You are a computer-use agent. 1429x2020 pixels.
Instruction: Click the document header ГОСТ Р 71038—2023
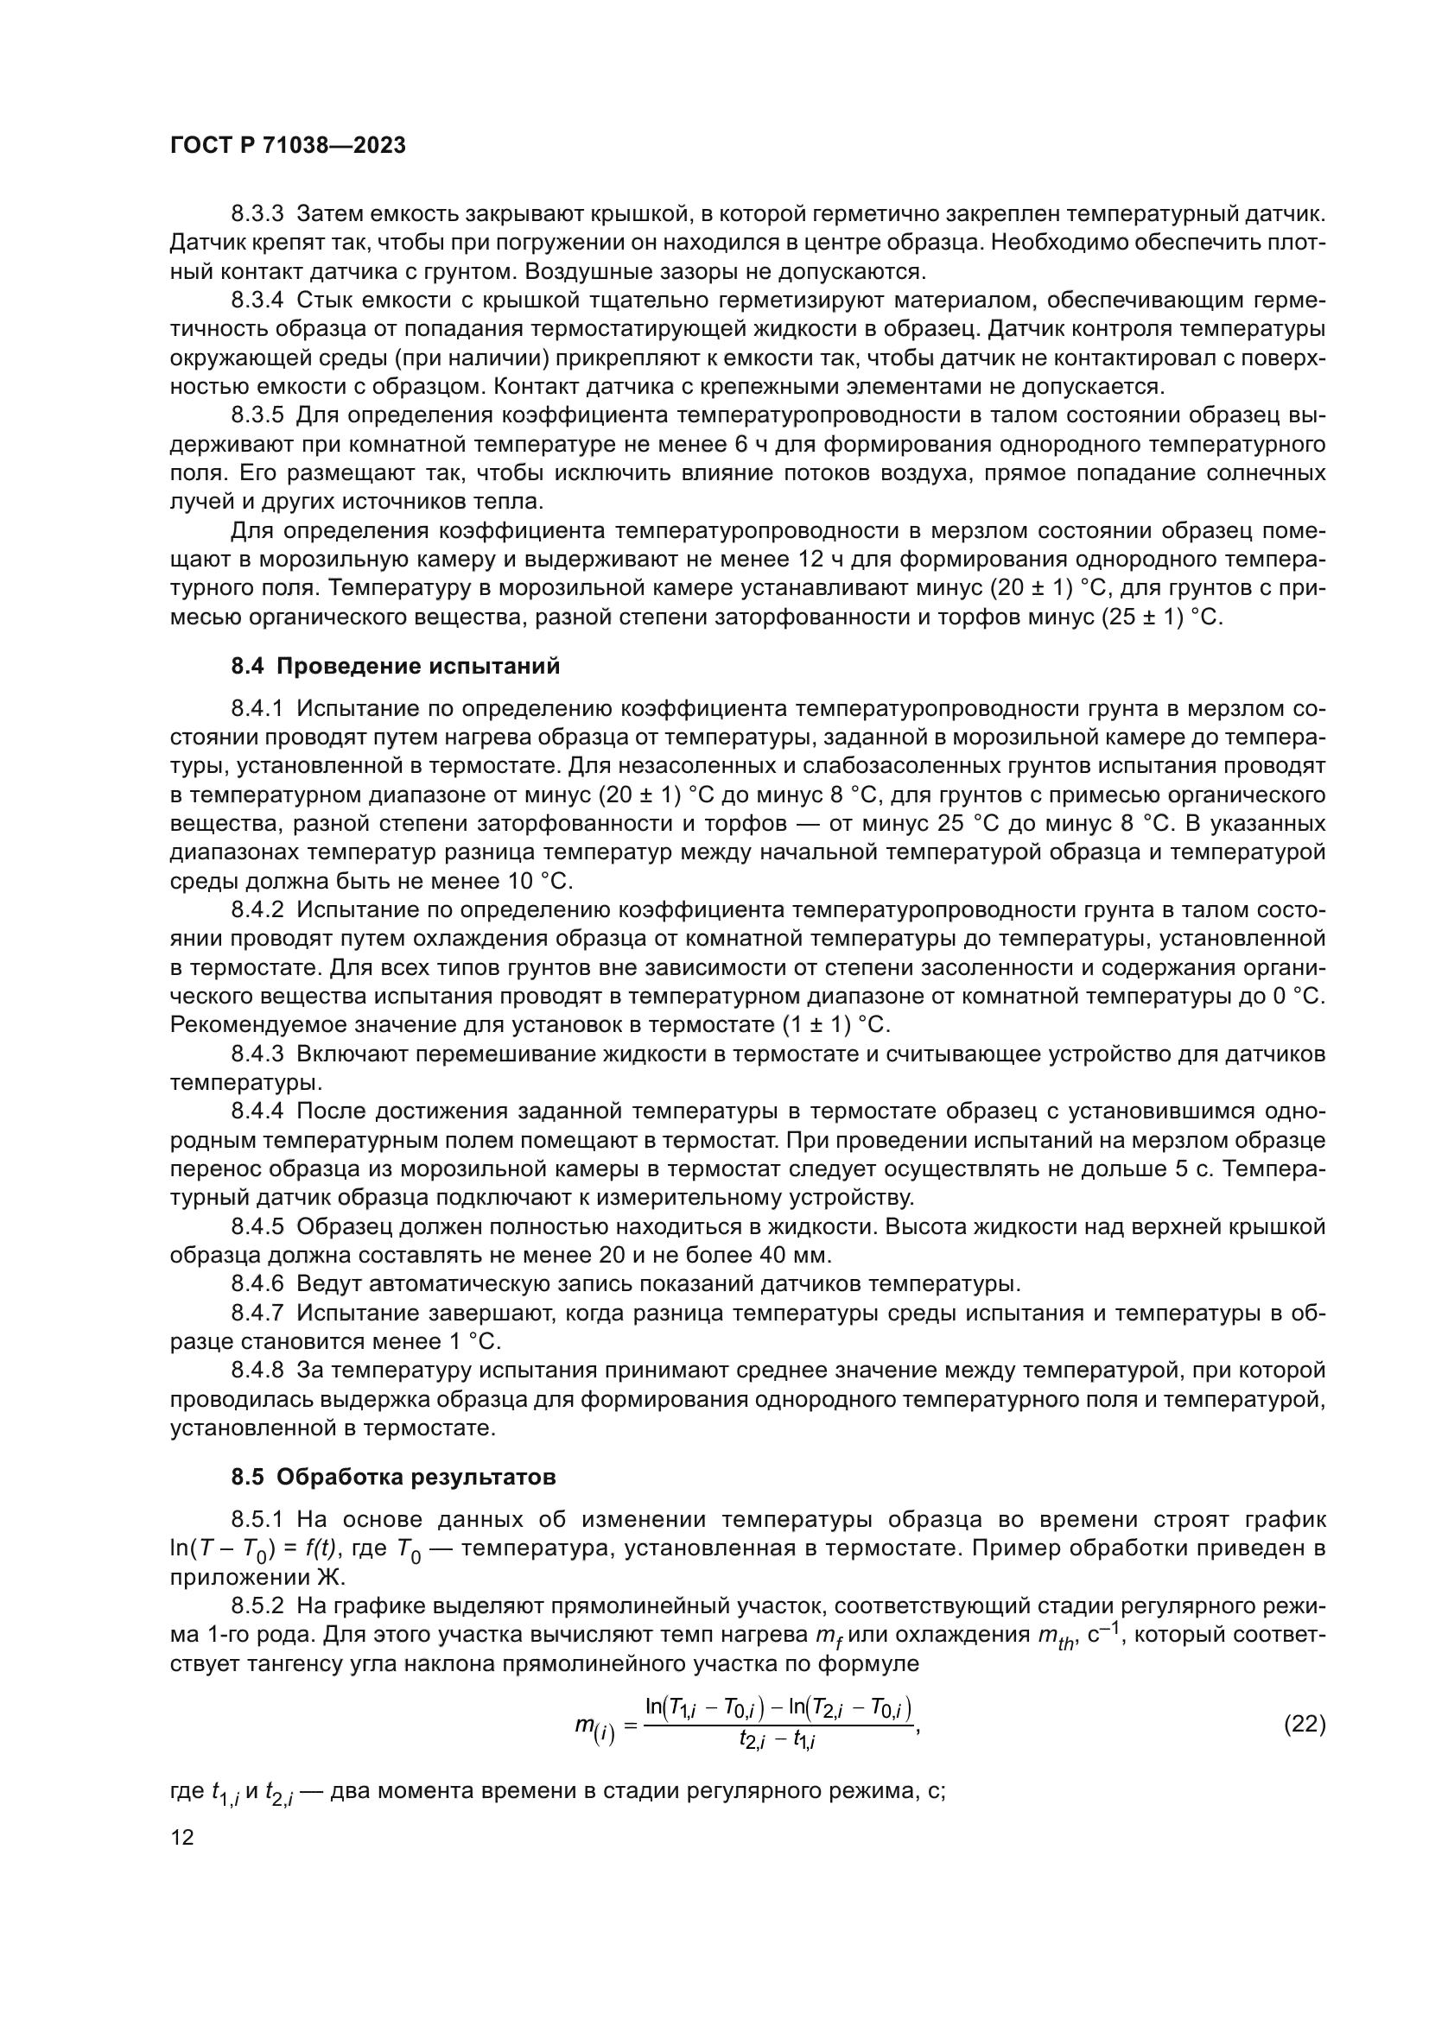[x=288, y=146]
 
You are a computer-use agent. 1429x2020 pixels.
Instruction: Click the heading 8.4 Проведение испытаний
[x=395, y=666]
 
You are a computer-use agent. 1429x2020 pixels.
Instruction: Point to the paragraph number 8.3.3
[x=257, y=214]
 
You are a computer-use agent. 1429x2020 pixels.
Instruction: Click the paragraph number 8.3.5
[x=257, y=415]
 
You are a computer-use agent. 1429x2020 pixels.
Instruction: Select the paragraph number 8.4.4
[x=257, y=1112]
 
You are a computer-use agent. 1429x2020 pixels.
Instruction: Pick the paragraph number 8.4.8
[x=257, y=1371]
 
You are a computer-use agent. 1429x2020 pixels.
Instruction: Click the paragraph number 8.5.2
[x=257, y=1606]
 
